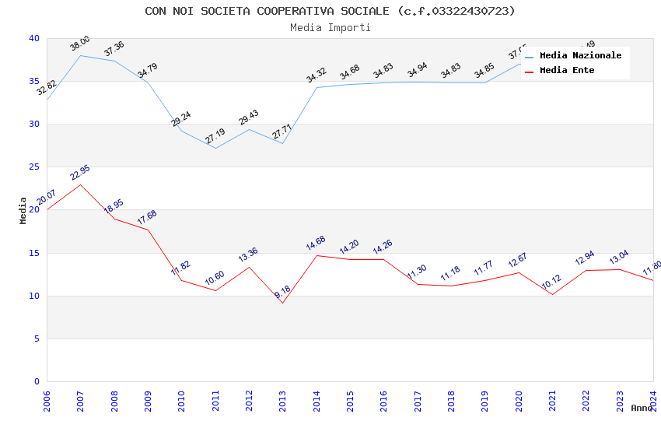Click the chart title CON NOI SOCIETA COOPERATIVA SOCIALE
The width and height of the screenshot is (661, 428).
click(x=330, y=11)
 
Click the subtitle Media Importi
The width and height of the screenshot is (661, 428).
click(x=330, y=27)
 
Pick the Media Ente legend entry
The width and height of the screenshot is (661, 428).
click(x=567, y=71)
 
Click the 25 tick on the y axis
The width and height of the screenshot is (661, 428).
click(x=33, y=167)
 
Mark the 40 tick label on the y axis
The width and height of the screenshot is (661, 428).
click(x=33, y=38)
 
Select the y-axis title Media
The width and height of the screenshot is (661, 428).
click(x=23, y=210)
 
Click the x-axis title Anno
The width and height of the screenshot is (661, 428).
click(x=642, y=408)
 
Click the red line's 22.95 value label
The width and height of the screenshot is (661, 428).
click(x=79, y=173)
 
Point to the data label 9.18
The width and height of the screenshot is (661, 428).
click(x=282, y=292)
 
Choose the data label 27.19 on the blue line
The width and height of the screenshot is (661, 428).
click(x=215, y=136)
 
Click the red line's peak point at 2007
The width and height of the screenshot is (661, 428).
click(x=80, y=184)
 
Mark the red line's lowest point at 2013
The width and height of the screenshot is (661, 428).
click(x=282, y=303)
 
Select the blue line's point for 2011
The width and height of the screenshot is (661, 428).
click(x=215, y=148)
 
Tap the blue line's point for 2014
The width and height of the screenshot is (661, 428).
click(x=317, y=87)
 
